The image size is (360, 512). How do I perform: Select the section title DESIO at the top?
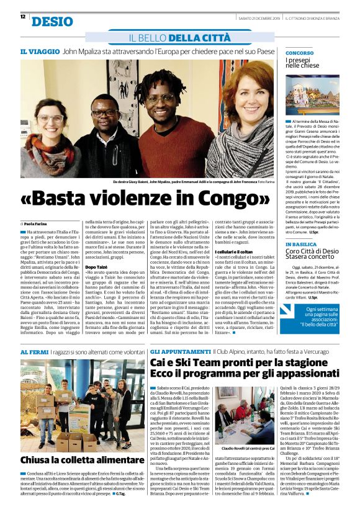52,22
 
